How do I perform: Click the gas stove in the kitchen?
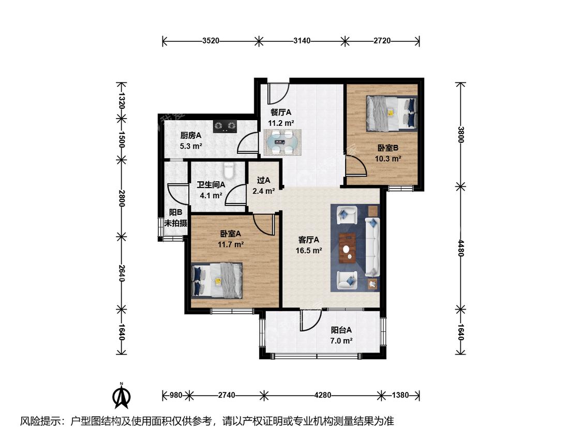click(x=225, y=126)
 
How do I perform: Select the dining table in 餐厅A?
click(x=282, y=142)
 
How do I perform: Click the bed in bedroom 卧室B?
click(x=392, y=113)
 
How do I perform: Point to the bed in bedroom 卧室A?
click(x=217, y=281)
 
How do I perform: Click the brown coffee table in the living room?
click(x=348, y=248)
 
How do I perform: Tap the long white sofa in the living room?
click(x=372, y=247)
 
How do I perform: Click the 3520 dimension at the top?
click(x=211, y=40)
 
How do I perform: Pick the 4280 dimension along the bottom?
click(x=322, y=395)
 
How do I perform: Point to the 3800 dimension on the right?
click(x=460, y=135)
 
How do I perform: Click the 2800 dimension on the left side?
click(x=122, y=198)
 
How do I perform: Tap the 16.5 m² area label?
click(x=308, y=251)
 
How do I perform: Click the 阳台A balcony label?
click(x=341, y=330)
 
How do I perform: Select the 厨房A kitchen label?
click(x=191, y=135)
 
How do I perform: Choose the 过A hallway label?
click(x=263, y=180)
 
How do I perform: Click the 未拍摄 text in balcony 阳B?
click(x=175, y=223)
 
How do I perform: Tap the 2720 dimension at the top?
click(x=382, y=40)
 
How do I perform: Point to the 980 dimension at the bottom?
click(x=175, y=395)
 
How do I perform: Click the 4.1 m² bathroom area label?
click(x=211, y=195)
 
